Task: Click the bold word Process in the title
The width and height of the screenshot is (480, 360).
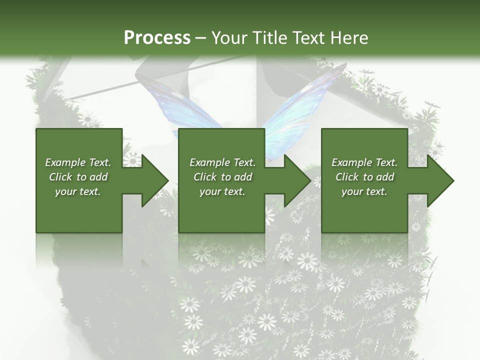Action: coord(157,38)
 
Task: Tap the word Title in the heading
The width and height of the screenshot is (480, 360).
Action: coord(268,38)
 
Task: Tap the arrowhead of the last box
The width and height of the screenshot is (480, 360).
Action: coord(439,180)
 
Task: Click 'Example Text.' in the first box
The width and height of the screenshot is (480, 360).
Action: coord(78,162)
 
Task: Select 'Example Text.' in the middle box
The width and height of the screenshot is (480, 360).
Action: coord(222,162)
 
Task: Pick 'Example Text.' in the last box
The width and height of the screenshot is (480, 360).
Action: coord(364,162)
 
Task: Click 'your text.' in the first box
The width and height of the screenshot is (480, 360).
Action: coord(78,191)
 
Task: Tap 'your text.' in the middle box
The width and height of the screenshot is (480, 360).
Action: coord(222,191)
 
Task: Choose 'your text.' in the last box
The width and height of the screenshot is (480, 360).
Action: coord(364,191)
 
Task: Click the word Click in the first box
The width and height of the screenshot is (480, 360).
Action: coord(61,177)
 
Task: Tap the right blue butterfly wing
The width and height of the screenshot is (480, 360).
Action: coord(305,105)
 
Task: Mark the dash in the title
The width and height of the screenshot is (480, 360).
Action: coord(200,38)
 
